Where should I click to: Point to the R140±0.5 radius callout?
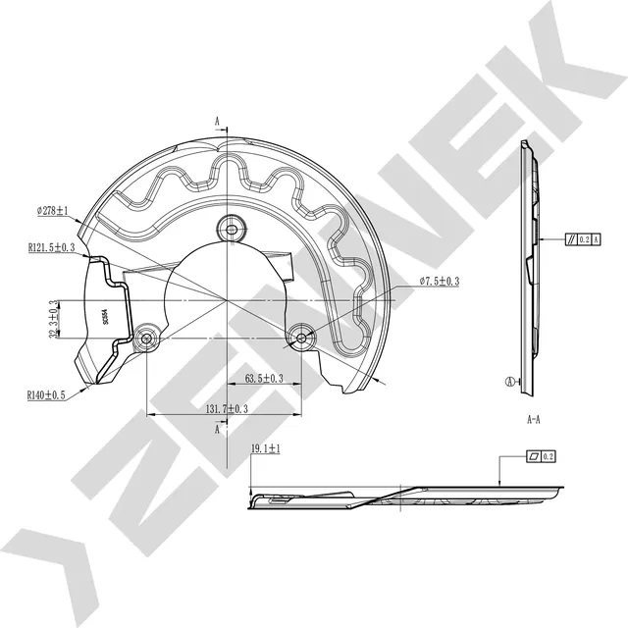[x=46, y=395]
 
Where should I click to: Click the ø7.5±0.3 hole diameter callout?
[x=440, y=282]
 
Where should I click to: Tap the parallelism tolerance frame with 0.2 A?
[x=582, y=238]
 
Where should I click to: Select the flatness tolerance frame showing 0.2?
[x=541, y=456]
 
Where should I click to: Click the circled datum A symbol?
[x=509, y=383]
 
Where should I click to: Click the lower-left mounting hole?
[x=147, y=340]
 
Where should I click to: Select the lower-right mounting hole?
[x=300, y=340]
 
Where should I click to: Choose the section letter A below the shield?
[x=217, y=430]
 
